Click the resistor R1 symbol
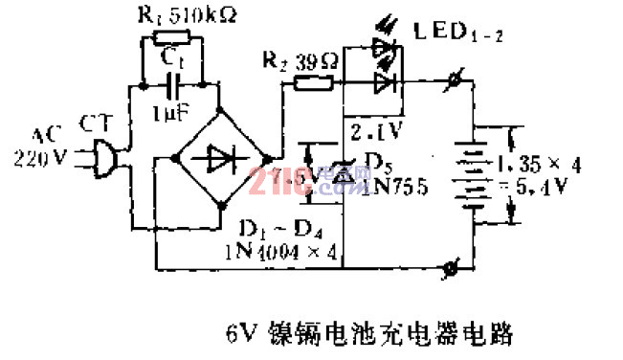(171, 40)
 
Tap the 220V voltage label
(38, 159)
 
